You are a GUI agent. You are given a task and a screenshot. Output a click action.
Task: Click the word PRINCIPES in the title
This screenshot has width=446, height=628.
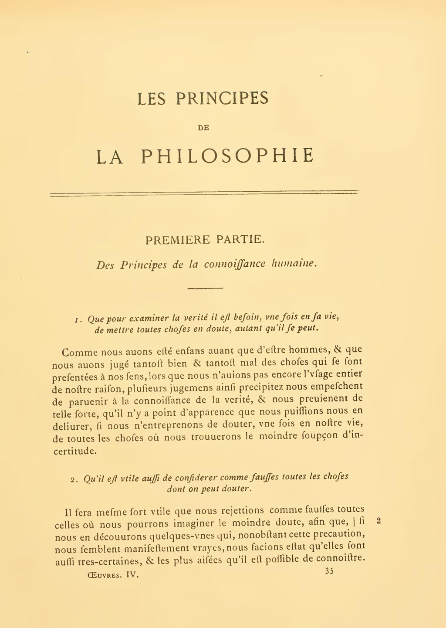point(222,98)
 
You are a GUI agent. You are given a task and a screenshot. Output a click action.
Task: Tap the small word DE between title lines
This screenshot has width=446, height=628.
point(203,128)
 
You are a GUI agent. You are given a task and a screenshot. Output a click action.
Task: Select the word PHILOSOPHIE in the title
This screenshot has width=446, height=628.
point(227,156)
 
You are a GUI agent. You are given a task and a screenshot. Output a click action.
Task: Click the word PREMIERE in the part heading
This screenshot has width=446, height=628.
point(177,240)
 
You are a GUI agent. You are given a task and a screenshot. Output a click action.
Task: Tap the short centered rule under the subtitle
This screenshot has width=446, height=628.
point(205,288)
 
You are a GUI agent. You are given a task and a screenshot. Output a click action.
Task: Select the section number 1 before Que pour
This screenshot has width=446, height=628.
point(77,320)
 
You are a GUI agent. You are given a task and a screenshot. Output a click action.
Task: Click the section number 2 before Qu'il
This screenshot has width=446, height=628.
point(73,480)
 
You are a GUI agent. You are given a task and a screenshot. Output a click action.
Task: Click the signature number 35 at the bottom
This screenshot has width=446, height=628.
point(329,571)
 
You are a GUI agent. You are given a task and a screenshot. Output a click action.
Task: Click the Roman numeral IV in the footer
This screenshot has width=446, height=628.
point(132,574)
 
